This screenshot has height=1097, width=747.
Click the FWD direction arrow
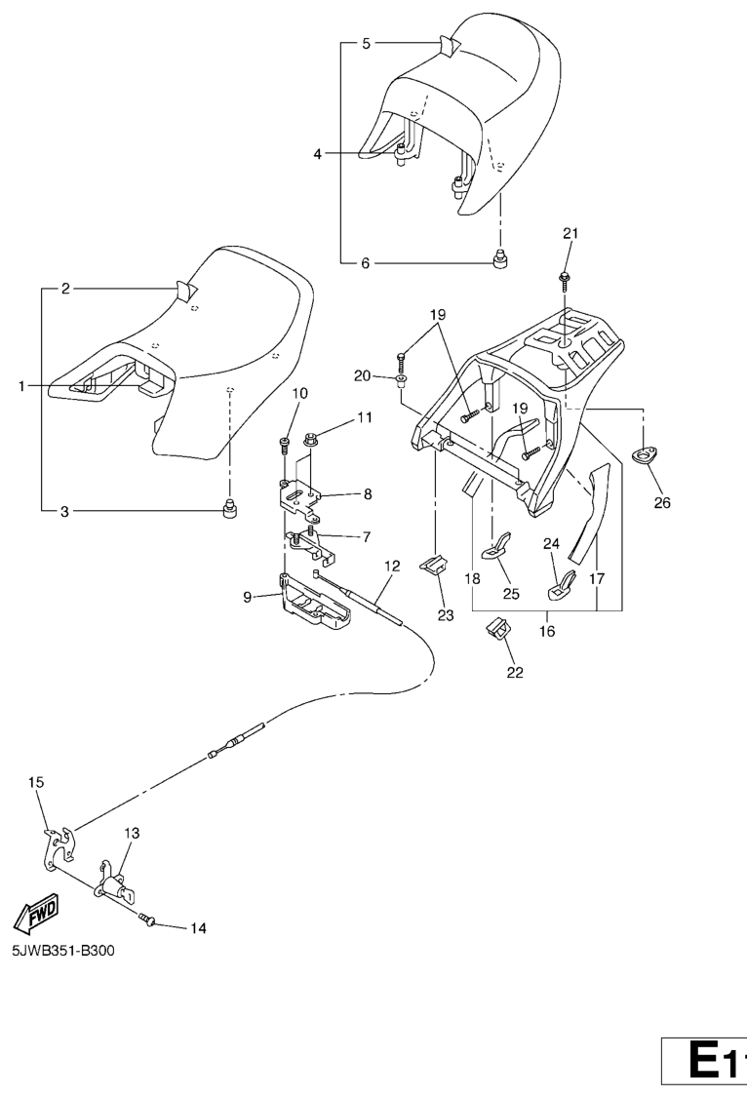(x=35, y=913)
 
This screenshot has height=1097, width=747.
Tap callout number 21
(x=570, y=233)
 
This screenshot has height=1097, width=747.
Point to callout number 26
(x=663, y=503)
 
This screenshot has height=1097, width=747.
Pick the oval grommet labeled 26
(x=645, y=455)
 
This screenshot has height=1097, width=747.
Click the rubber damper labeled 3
(x=231, y=508)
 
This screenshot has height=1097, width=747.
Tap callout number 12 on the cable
(x=392, y=566)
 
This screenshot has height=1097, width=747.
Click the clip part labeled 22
(x=499, y=632)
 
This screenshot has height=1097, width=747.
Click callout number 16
(x=546, y=631)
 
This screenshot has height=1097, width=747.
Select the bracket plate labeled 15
(x=57, y=847)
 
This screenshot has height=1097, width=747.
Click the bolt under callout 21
(x=566, y=279)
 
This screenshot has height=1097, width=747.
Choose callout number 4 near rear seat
(x=318, y=153)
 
